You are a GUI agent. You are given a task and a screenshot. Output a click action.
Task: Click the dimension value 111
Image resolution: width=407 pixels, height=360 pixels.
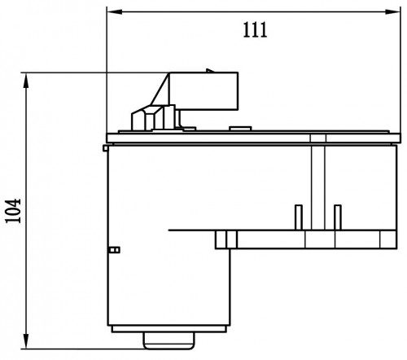(x=255, y=29)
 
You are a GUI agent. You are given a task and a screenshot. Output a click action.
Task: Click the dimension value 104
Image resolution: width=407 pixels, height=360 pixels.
(x=13, y=211)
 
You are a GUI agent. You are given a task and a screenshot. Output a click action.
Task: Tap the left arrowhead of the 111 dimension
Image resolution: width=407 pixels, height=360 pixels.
(x=114, y=11)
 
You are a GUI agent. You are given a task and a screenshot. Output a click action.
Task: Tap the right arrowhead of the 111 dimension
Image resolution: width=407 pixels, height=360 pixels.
(x=393, y=11)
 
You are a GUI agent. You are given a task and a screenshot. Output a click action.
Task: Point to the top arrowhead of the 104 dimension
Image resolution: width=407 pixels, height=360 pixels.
(x=26, y=80)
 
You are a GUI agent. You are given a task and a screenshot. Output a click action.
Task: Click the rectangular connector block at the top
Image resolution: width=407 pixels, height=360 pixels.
(x=203, y=91)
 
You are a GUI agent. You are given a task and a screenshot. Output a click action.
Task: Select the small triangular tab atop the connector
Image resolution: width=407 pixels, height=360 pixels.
(x=210, y=71)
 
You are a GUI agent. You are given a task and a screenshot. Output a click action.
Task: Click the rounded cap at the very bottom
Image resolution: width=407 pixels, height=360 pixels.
(x=168, y=340)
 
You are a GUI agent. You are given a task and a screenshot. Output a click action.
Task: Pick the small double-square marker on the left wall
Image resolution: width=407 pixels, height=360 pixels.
(x=114, y=250)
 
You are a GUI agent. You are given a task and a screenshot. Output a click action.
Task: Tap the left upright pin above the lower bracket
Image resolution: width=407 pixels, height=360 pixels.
(x=299, y=217)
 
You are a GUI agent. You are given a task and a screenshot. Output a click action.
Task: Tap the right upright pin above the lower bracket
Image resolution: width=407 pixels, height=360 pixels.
(x=338, y=217)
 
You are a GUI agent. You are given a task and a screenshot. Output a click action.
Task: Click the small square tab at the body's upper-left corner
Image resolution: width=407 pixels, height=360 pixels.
(x=105, y=148)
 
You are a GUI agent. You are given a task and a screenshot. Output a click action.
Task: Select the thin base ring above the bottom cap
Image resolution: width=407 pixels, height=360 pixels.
(x=169, y=329)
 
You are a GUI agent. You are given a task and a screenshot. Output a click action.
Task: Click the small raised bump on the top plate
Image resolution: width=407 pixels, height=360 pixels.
(x=240, y=129)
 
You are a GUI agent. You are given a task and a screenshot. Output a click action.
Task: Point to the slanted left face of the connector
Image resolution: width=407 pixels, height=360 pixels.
(x=160, y=89)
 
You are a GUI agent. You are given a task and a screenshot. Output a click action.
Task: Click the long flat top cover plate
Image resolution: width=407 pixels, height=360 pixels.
(x=253, y=138)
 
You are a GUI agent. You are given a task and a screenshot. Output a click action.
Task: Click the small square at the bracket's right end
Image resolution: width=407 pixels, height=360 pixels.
(x=387, y=239)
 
